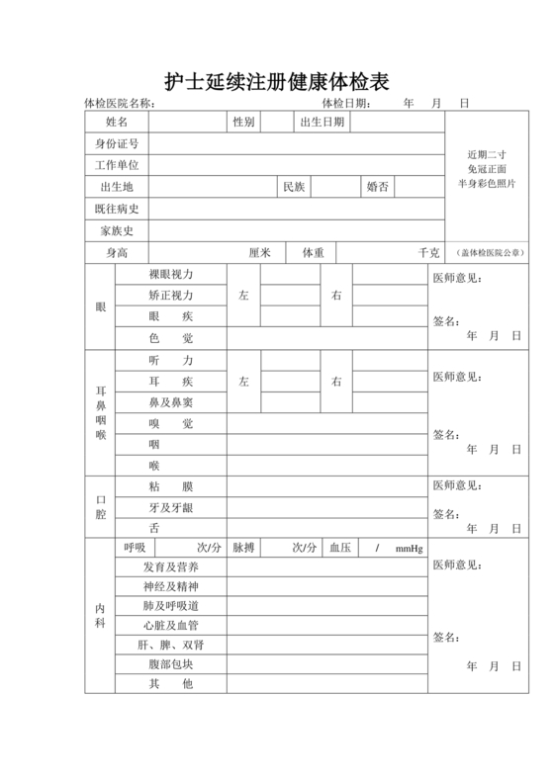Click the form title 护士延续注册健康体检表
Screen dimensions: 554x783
[276, 81]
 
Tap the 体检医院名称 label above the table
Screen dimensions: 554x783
[120, 104]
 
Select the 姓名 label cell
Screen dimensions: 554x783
[117, 123]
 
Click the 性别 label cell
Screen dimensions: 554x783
[243, 123]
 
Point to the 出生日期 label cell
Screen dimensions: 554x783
[322, 123]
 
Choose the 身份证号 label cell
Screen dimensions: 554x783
[117, 144]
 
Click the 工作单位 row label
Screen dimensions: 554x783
[117, 166]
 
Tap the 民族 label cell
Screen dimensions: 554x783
[294, 187]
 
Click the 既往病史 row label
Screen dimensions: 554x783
[117, 209]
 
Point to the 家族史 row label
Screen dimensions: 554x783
[117, 230]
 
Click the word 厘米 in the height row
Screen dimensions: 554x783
[260, 253]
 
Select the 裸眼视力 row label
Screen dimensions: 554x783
[171, 274]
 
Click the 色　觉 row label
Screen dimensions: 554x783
[171, 338]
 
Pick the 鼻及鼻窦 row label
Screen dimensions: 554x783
[171, 402]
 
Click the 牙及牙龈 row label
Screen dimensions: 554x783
[171, 507]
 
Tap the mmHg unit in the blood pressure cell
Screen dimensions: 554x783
[409, 549]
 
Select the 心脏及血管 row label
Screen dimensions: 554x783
[171, 625]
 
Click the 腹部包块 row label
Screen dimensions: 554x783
[171, 663]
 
